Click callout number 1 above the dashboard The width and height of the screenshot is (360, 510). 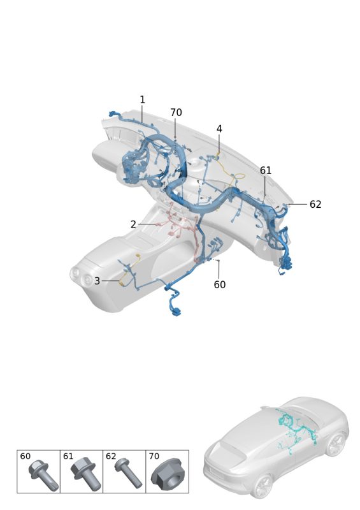[x=142, y=99]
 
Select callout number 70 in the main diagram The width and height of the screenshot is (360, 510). [x=176, y=113]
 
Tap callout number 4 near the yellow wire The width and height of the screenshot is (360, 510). [x=219, y=129]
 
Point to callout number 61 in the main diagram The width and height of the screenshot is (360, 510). [x=265, y=170]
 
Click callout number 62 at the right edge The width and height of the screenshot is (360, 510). [x=315, y=204]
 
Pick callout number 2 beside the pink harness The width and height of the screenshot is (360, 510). [x=133, y=224]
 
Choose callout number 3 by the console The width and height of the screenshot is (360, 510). [x=97, y=280]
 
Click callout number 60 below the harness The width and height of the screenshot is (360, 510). [x=220, y=284]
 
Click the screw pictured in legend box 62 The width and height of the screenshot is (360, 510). [x=128, y=473]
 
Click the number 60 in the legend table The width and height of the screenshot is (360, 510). [x=25, y=456]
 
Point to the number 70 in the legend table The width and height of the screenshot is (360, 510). [x=154, y=456]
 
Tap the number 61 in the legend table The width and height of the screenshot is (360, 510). [x=68, y=456]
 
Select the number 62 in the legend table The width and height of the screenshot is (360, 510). [x=111, y=456]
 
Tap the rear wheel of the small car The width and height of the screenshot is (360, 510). [x=263, y=486]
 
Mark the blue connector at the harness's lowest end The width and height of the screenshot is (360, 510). [x=176, y=313]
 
